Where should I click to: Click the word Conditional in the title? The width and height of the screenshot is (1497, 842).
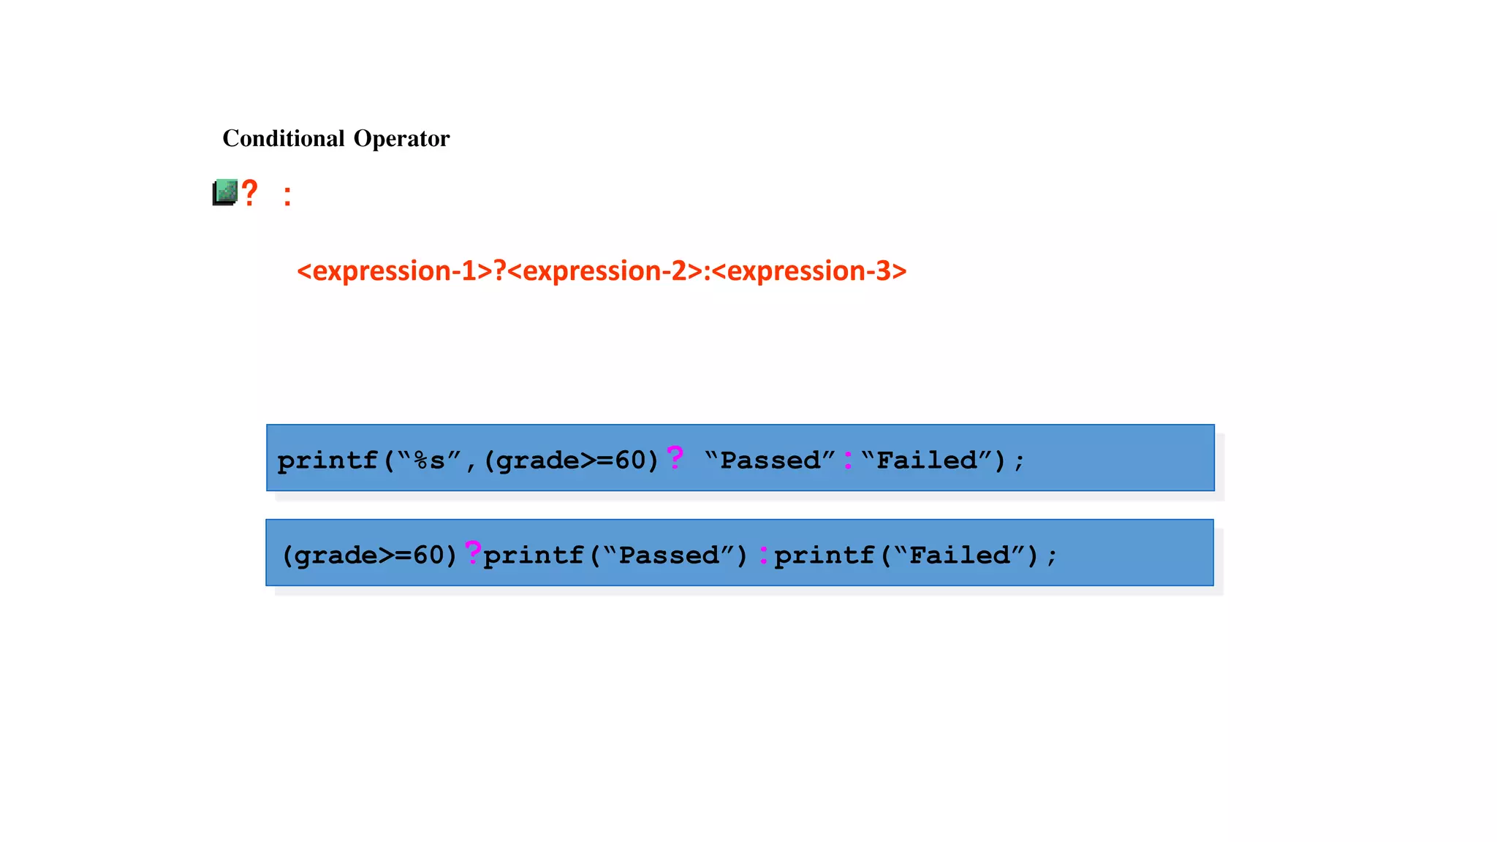point(284,138)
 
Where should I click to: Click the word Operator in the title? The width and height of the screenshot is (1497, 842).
point(401,138)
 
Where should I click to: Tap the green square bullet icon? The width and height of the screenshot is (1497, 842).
point(225,192)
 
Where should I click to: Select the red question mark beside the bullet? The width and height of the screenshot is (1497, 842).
point(250,194)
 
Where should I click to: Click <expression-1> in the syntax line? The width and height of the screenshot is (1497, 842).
point(395,271)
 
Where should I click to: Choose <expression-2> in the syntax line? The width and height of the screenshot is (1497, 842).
point(605,271)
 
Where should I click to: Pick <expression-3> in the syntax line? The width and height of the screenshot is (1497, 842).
point(809,271)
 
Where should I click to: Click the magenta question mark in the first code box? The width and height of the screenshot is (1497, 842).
point(675,458)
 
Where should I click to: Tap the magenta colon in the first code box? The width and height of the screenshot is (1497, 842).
point(848,460)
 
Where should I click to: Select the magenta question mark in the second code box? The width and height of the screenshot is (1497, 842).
point(473,553)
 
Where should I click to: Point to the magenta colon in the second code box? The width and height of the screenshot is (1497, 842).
point(763,555)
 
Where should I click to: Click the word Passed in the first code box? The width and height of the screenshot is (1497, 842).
point(770,460)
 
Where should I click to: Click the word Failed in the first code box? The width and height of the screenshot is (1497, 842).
point(926,460)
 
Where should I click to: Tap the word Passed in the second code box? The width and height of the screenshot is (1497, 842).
point(669,555)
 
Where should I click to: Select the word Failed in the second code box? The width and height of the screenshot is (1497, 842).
point(959,555)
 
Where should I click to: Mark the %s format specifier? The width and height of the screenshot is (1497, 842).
point(429,460)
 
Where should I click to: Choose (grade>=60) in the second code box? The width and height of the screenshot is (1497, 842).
point(370,555)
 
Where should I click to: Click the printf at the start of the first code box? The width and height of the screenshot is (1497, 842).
point(327,460)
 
